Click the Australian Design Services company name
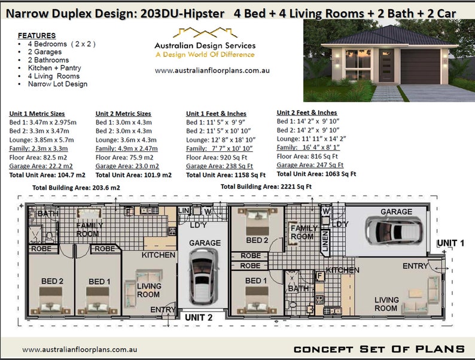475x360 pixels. coord(205,45)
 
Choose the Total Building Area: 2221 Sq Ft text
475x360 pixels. coord(266,187)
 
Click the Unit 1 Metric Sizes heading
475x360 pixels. coord(42,114)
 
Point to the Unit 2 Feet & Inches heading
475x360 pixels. coord(306,112)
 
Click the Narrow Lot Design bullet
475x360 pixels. coord(57,84)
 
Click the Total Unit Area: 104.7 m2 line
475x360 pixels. coord(47,175)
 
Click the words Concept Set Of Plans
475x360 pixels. coord(379,349)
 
